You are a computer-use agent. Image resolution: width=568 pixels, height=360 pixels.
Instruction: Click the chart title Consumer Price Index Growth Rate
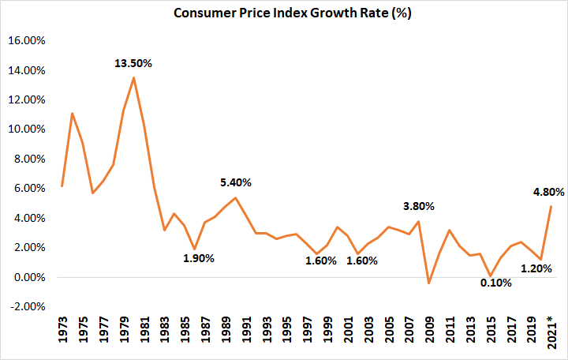coord(284,14)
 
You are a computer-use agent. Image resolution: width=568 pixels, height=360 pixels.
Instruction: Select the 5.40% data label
coord(235,182)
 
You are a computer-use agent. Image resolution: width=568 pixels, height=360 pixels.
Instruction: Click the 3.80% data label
coord(418,206)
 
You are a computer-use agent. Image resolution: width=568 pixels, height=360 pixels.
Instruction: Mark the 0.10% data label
coord(495,283)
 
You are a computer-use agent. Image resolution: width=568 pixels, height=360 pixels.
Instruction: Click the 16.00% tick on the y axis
coord(26,40)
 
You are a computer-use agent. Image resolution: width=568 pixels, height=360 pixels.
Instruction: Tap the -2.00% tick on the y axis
coord(26,307)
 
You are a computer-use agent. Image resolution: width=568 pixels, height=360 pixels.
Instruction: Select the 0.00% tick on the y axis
coord(28,277)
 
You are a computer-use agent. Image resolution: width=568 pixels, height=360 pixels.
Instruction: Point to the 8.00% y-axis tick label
coord(28,159)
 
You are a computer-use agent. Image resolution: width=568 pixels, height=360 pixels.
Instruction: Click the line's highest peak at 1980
coord(133,77)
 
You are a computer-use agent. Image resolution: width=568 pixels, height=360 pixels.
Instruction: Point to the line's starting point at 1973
coord(62,186)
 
